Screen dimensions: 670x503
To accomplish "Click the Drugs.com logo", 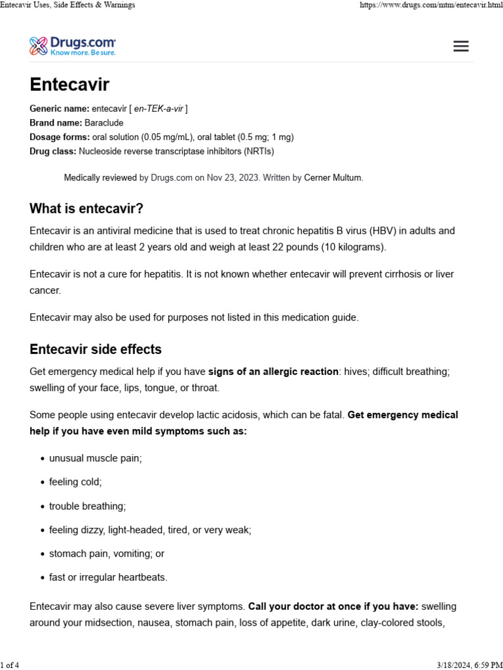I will (x=73, y=46).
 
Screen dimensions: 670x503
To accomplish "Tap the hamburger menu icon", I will (x=461, y=46).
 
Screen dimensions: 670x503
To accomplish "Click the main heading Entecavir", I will (x=69, y=85).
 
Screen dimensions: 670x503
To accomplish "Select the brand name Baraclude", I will (x=104, y=123).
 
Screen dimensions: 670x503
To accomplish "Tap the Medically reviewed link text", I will (x=100, y=177).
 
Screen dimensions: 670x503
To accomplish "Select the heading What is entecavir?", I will (x=86, y=209).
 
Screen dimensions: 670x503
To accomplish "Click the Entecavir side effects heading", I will (x=96, y=349).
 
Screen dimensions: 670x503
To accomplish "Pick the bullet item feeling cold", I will (x=75, y=482).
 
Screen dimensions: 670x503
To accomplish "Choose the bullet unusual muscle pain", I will (x=96, y=459).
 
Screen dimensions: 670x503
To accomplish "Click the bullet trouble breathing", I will (x=87, y=506).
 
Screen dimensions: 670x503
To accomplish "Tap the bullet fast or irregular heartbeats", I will (x=108, y=577).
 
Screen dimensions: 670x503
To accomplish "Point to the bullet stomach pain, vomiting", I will (x=106, y=554).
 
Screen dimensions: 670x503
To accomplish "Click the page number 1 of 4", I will (x=10, y=665).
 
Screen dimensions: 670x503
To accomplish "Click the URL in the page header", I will (x=431, y=5).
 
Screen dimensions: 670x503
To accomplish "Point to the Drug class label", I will (x=53, y=151).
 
